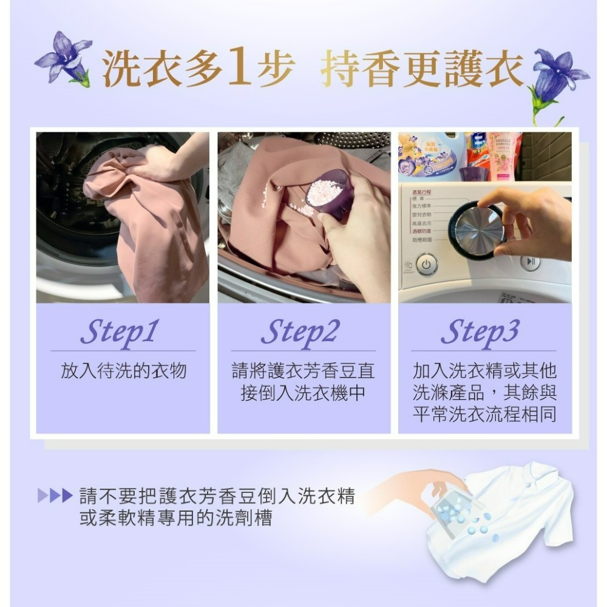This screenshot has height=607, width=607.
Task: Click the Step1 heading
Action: (120, 332)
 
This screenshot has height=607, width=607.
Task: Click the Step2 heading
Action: (300, 332)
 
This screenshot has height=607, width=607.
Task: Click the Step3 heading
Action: (480, 332)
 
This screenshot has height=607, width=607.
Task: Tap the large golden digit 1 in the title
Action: (240, 69)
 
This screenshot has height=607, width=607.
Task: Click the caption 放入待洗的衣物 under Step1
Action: (123, 371)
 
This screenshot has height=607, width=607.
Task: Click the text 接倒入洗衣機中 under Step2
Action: (303, 393)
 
